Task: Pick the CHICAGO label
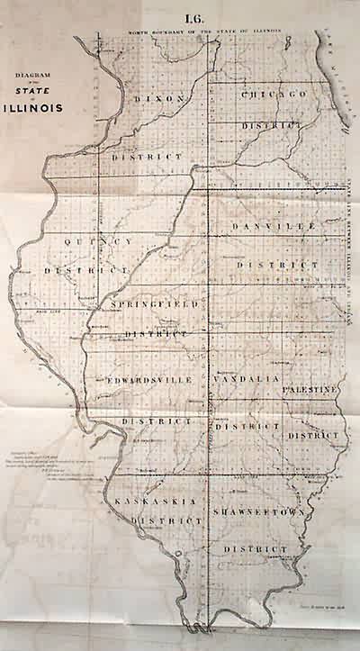pos(273,94)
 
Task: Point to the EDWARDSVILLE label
pos(146,380)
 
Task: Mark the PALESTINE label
pos(310,390)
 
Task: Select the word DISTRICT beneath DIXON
pos(148,157)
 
